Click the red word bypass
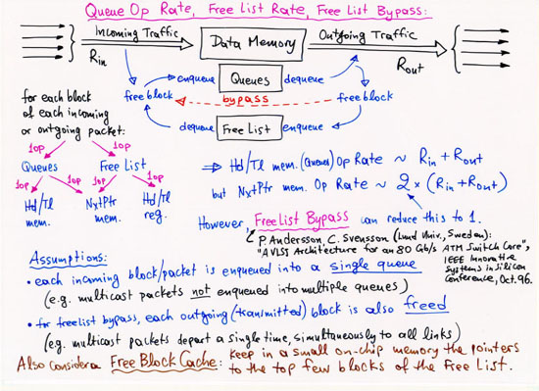247,101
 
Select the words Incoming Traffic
136,32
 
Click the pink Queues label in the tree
40,168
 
